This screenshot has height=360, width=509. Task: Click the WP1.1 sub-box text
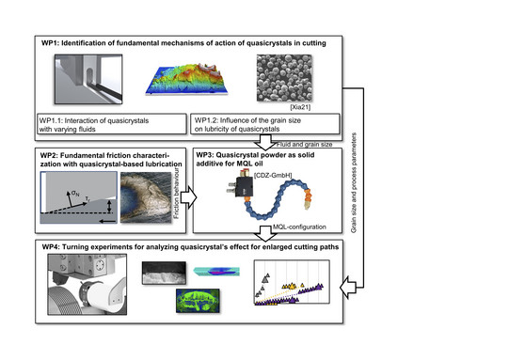[94, 125]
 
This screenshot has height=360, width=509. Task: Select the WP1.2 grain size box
[265, 123]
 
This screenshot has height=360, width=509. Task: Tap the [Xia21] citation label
[300, 107]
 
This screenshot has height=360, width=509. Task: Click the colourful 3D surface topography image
[186, 79]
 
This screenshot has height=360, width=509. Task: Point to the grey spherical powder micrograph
[284, 78]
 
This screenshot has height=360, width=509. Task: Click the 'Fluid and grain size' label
[304, 145]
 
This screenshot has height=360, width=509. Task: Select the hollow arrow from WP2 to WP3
[188, 197]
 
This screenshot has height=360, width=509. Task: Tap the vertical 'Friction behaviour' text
[176, 193]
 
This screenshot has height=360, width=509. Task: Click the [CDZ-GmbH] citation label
[273, 175]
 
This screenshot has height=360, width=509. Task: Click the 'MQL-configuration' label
[299, 227]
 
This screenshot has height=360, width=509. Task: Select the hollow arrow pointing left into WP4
[348, 288]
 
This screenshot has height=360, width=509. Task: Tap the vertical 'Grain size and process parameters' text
[354, 182]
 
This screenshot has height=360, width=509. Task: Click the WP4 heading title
[190, 247]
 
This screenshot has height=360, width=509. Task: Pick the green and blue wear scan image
[198, 301]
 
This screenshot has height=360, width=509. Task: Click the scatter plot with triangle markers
[292, 282]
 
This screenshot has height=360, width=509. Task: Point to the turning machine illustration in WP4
[87, 285]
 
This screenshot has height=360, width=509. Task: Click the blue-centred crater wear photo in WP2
[146, 197]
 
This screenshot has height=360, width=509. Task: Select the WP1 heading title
[183, 43]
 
